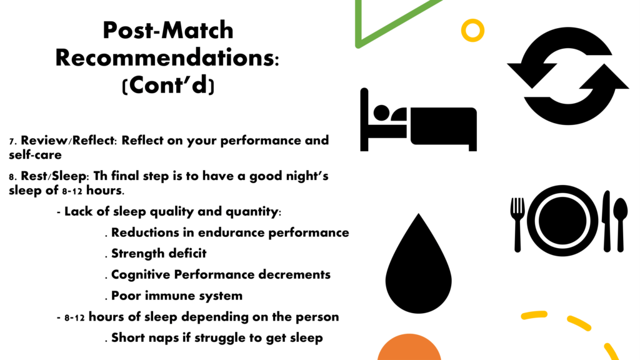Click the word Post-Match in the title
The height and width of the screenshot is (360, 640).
point(167,30)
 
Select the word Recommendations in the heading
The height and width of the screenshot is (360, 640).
point(165,57)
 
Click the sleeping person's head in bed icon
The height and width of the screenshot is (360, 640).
point(381,112)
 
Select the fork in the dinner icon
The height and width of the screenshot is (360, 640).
point(517,224)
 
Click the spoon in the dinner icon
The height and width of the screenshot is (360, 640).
point(621,224)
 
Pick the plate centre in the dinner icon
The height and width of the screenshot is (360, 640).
point(562,221)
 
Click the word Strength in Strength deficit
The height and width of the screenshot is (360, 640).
point(137,254)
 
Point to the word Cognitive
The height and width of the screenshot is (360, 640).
point(141,275)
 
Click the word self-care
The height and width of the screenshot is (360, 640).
point(35,155)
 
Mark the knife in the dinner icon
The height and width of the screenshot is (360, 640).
point(606,221)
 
